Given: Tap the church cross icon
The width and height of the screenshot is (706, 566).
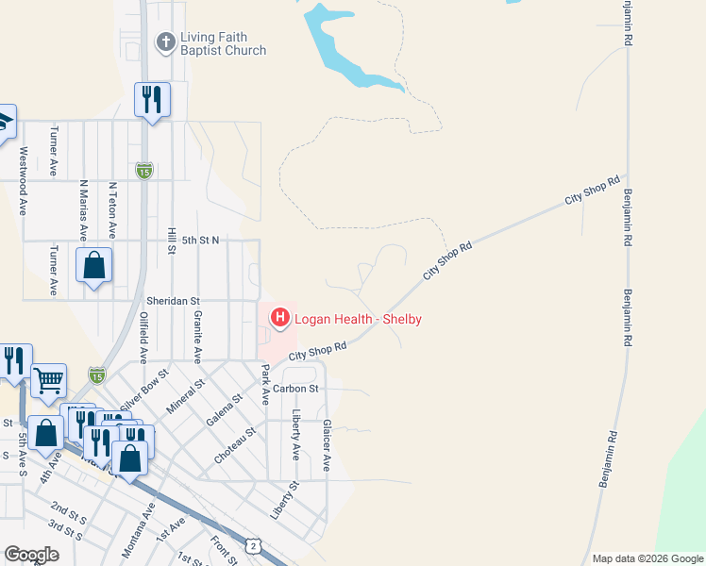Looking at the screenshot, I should [165, 42].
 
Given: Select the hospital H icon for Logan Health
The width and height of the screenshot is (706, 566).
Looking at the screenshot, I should [280, 319].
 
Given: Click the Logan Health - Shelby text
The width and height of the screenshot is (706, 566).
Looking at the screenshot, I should [358, 319].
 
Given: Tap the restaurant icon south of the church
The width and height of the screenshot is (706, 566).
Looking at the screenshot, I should [152, 99].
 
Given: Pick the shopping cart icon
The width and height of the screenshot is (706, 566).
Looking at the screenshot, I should [49, 380].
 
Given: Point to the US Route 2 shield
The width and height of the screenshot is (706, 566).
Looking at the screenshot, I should [254, 545].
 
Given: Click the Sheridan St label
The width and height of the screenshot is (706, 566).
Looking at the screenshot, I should [170, 299].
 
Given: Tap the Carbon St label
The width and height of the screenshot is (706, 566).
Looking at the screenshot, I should [297, 388].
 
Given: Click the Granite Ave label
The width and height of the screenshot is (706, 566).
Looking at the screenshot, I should [197, 336].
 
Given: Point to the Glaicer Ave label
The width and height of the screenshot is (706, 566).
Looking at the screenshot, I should [327, 445].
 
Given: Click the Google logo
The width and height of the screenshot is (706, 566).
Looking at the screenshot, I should [31, 555].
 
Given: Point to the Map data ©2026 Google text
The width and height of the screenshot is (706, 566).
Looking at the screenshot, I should [647, 558].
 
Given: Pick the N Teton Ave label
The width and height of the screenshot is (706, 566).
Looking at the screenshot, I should [113, 209].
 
